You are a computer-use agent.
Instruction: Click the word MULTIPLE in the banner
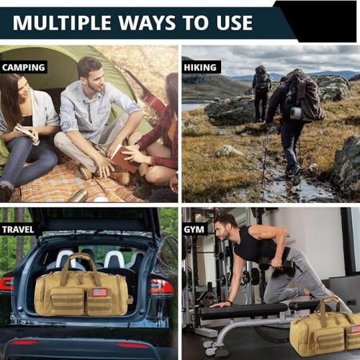[62, 23]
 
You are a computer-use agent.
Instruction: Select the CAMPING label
[24, 67]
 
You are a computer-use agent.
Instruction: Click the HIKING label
[200, 68]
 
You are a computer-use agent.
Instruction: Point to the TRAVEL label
[18, 230]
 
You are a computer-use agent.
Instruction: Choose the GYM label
[194, 230]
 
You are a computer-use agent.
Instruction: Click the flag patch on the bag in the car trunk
[99, 292]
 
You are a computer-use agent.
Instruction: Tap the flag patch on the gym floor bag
[355, 328]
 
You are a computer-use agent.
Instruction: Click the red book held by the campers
[124, 158]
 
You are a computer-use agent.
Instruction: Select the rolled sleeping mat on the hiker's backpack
[297, 113]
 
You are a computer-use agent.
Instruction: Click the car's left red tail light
[6, 284]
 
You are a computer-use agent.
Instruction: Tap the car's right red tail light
[161, 287]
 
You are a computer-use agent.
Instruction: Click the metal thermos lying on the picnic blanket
[78, 196]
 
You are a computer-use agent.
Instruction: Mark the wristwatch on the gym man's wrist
[229, 302]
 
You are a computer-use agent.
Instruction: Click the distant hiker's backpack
[261, 76]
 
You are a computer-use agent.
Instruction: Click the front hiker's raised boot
[297, 176]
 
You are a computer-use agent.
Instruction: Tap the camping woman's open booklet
[27, 132]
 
